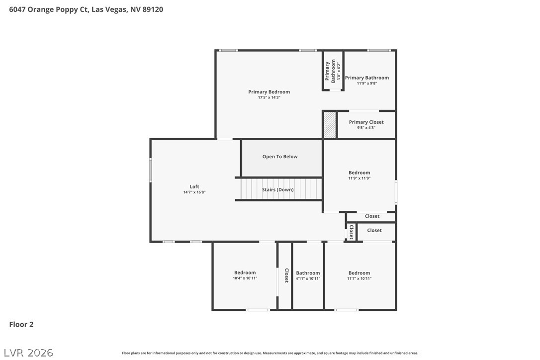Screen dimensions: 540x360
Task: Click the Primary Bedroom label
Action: click(269, 91)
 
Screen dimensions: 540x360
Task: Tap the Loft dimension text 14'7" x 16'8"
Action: click(194, 192)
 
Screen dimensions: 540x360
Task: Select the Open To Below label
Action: click(279, 157)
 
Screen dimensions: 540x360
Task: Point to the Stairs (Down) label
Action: click(277, 189)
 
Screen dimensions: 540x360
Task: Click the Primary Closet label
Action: click(366, 122)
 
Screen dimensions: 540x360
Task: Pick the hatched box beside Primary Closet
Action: click(330, 125)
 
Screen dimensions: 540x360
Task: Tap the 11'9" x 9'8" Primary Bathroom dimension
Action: click(367, 83)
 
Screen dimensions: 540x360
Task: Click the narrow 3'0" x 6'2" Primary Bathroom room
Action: click(333, 71)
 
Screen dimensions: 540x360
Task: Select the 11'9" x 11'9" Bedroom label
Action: click(359, 173)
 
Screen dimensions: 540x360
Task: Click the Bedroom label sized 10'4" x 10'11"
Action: click(245, 272)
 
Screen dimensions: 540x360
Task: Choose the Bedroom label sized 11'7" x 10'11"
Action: click(359, 273)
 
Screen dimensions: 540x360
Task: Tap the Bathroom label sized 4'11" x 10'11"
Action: click(308, 273)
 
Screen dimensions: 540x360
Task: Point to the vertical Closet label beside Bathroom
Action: click(286, 275)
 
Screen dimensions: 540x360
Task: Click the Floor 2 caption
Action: click(21, 324)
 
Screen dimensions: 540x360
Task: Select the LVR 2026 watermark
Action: click(28, 353)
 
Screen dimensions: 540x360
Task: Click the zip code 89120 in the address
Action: click(153, 9)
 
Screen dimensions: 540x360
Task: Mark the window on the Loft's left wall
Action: click(151, 170)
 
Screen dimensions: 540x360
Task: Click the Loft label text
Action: click(194, 186)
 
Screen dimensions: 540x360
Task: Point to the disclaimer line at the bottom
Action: click(270, 353)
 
